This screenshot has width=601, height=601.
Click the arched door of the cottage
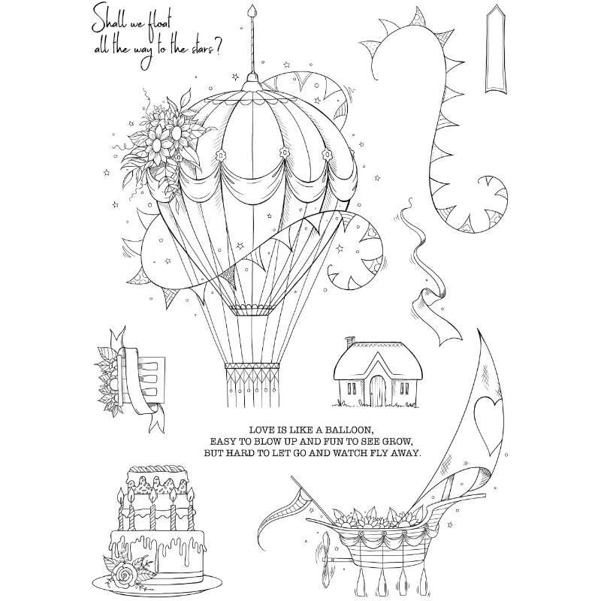coord(378,390)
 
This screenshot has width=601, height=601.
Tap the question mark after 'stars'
coord(218,51)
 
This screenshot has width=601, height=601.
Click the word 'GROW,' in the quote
coord(394,441)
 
